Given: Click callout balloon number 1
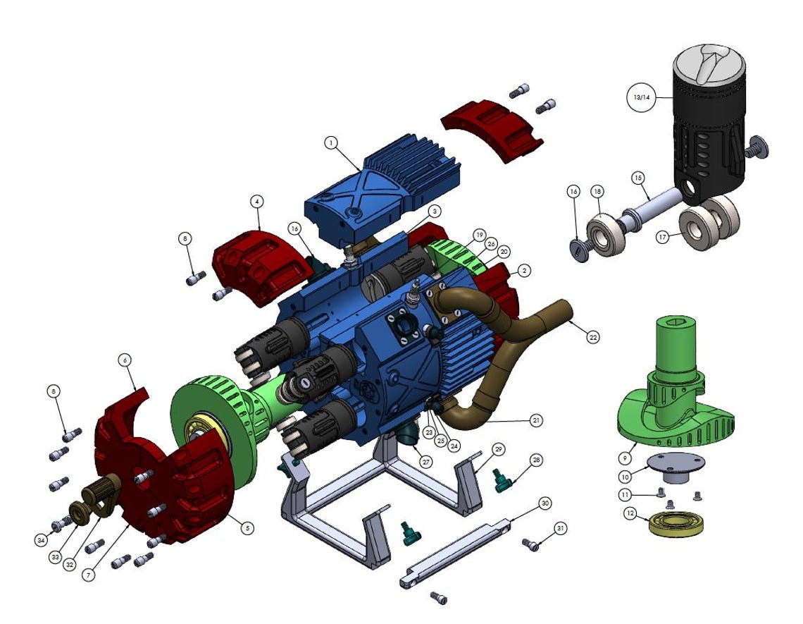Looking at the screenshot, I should (x=330, y=142).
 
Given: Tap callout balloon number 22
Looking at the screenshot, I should (x=593, y=338).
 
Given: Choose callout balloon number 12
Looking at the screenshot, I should (x=629, y=514).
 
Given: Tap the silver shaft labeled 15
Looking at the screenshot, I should (x=652, y=208).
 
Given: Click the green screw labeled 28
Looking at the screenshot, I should (x=503, y=482).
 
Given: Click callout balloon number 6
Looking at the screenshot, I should (x=125, y=360).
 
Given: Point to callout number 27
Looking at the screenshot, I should (x=425, y=462).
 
